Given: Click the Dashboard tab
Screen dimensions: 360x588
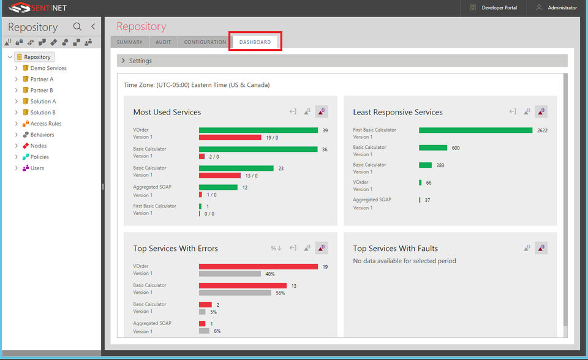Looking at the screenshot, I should pos(255,42).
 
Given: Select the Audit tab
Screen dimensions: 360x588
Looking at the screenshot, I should pos(163,42).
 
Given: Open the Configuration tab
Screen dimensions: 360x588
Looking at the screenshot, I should pos(205,42).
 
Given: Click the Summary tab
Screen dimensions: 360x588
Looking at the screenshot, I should pos(129,42).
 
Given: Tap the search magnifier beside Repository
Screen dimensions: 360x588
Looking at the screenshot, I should pos(77,26).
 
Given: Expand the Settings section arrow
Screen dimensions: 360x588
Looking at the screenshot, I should pos(123,61).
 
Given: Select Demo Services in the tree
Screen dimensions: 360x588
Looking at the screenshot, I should pos(48,68).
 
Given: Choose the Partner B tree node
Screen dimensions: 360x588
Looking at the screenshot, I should pos(42,90).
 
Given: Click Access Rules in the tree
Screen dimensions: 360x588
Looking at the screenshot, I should pos(46,124).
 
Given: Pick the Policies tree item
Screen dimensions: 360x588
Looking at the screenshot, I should pos(40,157).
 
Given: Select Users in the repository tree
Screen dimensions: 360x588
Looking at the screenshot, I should pos(37,168).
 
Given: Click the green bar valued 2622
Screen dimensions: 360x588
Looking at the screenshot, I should pos(475,130).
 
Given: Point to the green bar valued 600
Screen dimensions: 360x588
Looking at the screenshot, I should pos(433,148).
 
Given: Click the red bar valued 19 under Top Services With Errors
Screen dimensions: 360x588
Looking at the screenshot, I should pos(258,266).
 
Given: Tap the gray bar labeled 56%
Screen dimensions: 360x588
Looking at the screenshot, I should pos(235,293).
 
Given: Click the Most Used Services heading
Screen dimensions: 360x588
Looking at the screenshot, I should pos(167,112).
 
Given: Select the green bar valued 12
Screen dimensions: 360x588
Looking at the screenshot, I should pos(218,187).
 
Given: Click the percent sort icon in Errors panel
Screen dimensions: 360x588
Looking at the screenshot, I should pos(276,248).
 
